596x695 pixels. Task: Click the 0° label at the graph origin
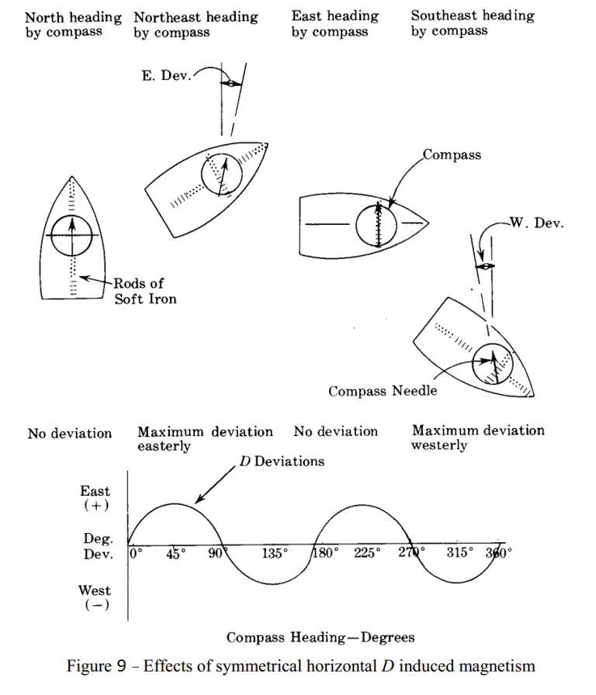137,553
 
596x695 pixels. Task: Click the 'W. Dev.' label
536,223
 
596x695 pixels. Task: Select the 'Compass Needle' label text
383,391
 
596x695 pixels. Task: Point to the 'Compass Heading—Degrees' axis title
320,638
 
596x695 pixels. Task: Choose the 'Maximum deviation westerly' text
478,437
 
